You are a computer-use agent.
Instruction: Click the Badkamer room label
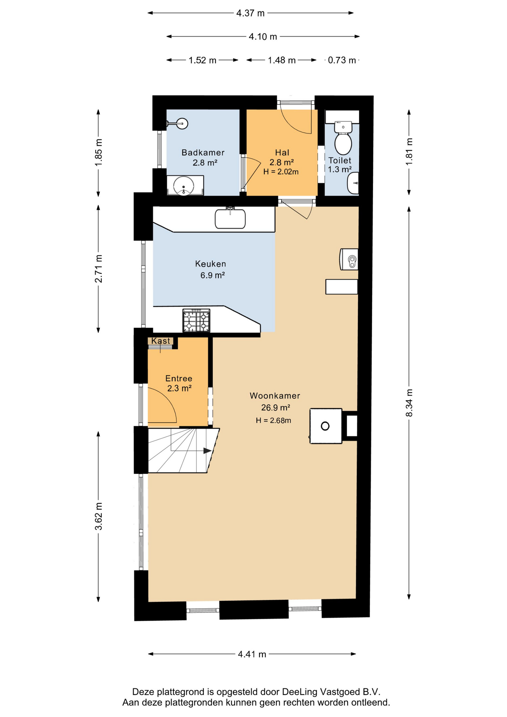click(x=203, y=152)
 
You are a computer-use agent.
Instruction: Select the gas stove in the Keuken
click(x=196, y=320)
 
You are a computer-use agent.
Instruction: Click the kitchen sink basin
click(x=230, y=219)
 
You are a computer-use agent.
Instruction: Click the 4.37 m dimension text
click(x=250, y=13)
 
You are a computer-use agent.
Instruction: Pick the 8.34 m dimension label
click(x=409, y=403)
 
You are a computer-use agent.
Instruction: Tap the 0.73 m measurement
click(x=342, y=60)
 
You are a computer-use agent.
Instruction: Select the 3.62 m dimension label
click(x=99, y=516)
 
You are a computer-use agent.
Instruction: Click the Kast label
click(x=161, y=341)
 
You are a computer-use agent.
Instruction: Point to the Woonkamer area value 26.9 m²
click(x=276, y=407)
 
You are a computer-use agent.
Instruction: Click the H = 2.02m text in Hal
click(x=281, y=172)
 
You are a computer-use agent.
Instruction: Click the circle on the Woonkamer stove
click(x=325, y=426)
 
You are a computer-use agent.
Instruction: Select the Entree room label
click(x=179, y=378)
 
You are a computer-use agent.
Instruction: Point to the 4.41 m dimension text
click(x=252, y=654)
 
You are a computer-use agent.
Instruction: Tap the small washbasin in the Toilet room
click(x=353, y=183)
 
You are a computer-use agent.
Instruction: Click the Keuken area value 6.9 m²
click(x=212, y=275)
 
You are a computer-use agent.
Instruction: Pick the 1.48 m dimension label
click(x=282, y=60)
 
